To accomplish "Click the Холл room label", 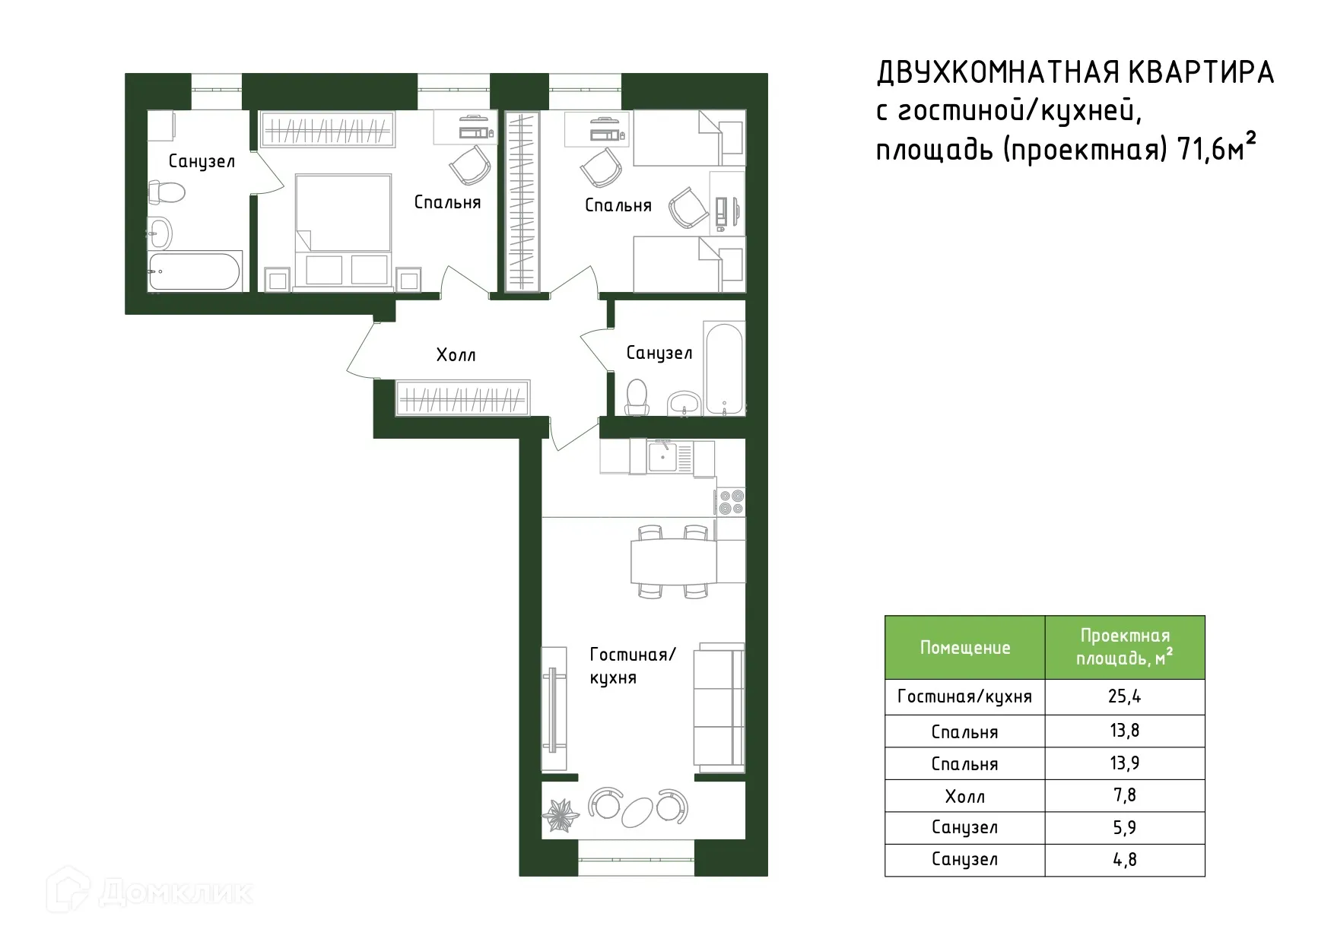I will tap(456, 355).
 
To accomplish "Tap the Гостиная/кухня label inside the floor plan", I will tap(631, 666).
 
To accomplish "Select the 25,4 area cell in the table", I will tap(1124, 697).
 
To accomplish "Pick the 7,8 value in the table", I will tap(1124, 795).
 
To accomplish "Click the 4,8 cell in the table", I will tap(1124, 860).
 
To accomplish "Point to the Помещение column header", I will tap(964, 648).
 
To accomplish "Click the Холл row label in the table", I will tap(964, 796).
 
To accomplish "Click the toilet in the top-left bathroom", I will tap(167, 192).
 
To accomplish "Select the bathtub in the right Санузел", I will tap(723, 370).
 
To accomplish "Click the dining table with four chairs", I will tap(673, 561).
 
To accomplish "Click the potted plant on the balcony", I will tap(560, 815).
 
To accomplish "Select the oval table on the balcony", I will tap(638, 811).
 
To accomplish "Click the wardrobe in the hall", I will tap(462, 398).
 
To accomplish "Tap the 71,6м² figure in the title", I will tap(1215, 149).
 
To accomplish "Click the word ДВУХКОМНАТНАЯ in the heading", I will tap(997, 73).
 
